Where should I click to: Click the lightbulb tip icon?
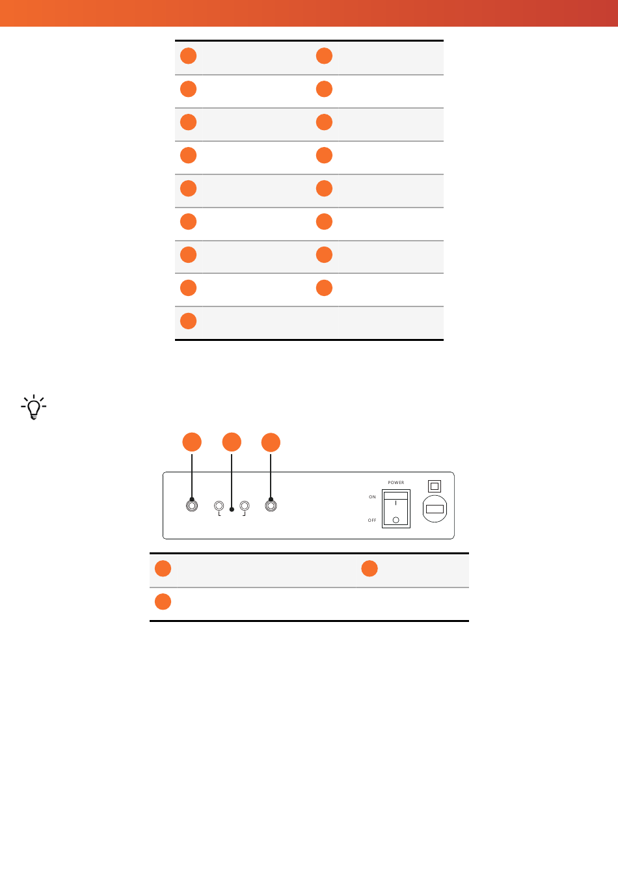click(x=34, y=407)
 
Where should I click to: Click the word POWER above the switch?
click(x=396, y=483)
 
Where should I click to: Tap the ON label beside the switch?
click(x=372, y=497)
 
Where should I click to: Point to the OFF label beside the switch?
click(x=372, y=520)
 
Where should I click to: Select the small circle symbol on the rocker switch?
click(x=396, y=520)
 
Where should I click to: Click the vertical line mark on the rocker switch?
click(x=396, y=503)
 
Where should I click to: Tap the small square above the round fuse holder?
click(x=435, y=486)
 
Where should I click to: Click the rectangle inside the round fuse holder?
click(x=435, y=509)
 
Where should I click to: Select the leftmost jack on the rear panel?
click(x=192, y=506)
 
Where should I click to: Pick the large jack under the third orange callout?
click(x=271, y=506)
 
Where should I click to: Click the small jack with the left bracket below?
click(x=219, y=506)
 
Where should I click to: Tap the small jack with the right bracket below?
click(x=245, y=506)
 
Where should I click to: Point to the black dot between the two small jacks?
click(x=232, y=509)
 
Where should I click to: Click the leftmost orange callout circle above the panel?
click(x=192, y=442)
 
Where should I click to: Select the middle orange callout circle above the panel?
click(x=232, y=442)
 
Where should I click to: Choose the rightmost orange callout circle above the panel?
click(x=271, y=442)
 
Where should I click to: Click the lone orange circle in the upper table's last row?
click(x=188, y=321)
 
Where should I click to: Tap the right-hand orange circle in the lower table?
click(x=369, y=569)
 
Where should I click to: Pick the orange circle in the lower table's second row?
click(x=163, y=602)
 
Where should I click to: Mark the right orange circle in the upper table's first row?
click(x=324, y=55)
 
